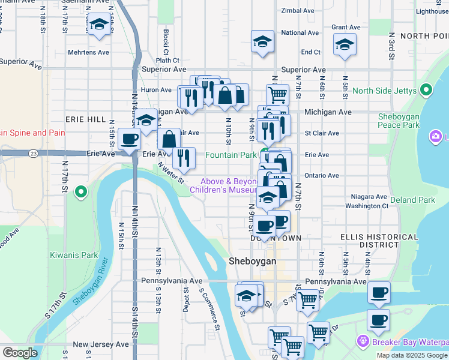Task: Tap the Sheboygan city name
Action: click(253, 262)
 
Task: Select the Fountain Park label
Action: click(231, 155)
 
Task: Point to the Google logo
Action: click(20, 353)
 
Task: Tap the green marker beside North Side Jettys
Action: click(426, 91)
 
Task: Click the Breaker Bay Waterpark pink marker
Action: click(363, 341)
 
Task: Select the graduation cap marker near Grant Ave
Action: click(345, 45)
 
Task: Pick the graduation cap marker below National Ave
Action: click(262, 41)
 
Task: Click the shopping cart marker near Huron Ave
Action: click(277, 94)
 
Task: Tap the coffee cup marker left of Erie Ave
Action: click(130, 139)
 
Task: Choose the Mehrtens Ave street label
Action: click(88, 52)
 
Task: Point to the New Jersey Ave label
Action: click(100, 344)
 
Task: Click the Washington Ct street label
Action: click(367, 206)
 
